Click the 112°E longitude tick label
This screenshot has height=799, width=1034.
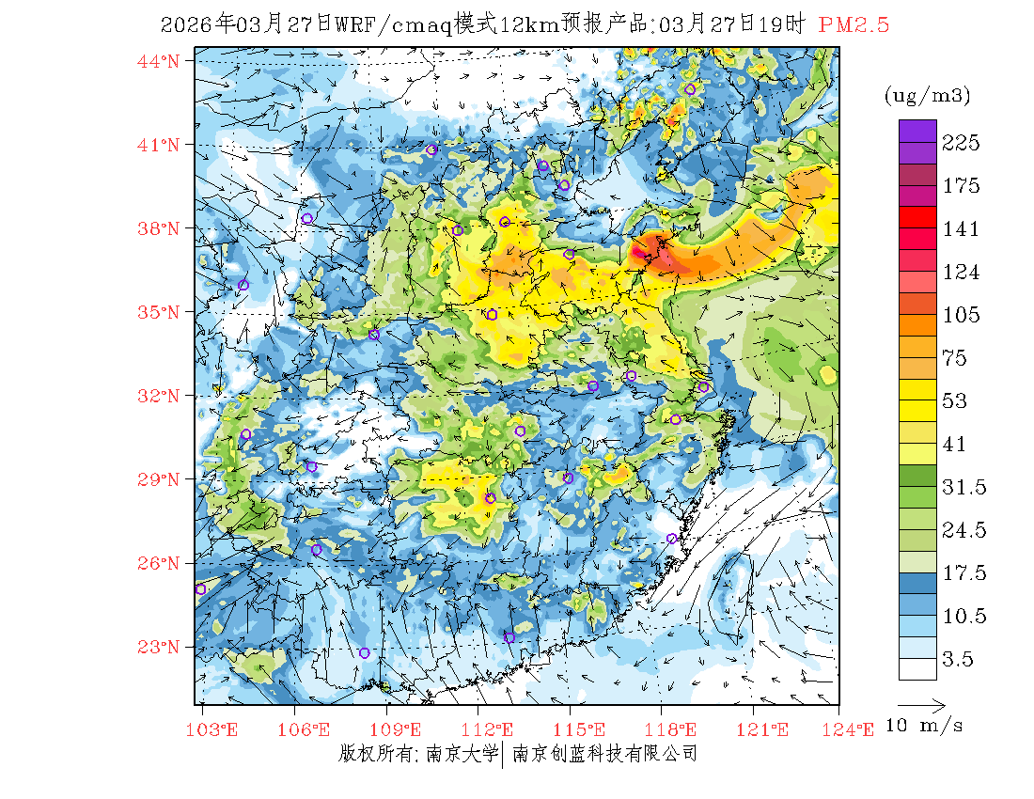click(492, 729)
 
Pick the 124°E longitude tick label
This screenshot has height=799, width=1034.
click(854, 729)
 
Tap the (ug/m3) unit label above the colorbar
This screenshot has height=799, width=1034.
click(927, 96)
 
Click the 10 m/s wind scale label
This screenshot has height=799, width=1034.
click(925, 727)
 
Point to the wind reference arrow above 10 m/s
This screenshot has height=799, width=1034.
click(920, 703)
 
